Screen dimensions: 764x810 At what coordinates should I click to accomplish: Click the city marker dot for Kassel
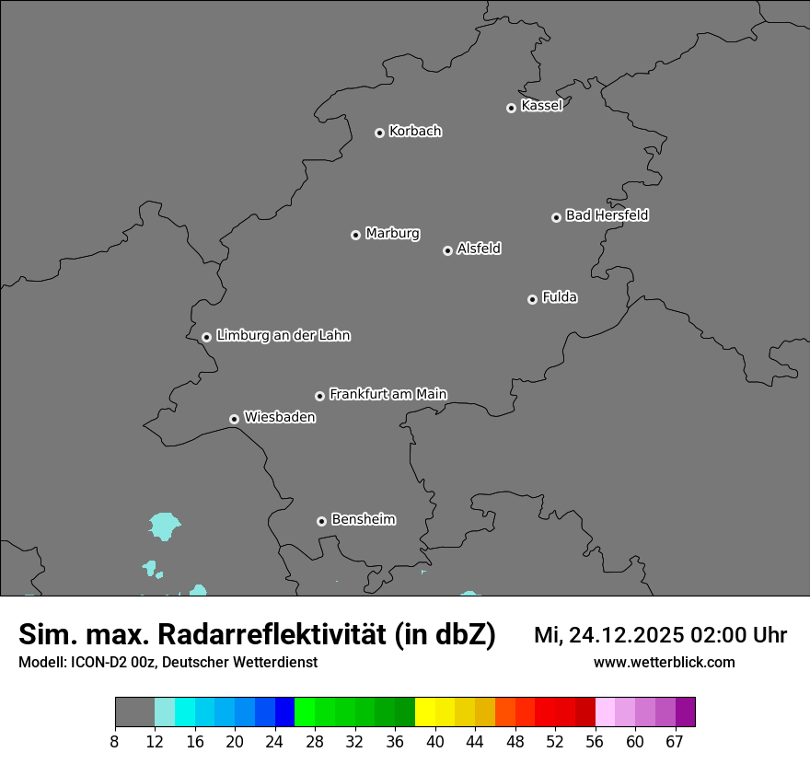[x=511, y=108]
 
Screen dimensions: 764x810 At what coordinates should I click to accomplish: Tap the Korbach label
[x=415, y=132]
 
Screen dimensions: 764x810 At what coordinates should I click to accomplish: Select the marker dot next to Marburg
[x=355, y=235]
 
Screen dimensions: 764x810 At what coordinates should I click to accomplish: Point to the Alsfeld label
[x=479, y=249]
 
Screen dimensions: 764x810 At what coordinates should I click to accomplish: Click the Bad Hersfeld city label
[x=607, y=215]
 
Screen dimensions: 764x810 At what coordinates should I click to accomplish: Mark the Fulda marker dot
[x=532, y=299]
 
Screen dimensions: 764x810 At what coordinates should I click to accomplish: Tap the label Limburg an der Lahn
[x=283, y=335]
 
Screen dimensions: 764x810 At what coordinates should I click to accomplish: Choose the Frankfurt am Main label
[x=388, y=394]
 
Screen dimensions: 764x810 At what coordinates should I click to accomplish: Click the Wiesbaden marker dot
[x=234, y=419]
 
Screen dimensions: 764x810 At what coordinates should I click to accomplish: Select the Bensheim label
[x=363, y=519]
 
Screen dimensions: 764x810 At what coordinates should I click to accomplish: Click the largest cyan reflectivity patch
[x=165, y=526]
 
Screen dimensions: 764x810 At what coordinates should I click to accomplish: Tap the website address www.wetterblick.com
[x=664, y=663]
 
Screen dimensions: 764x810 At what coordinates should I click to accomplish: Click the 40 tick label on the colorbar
[x=435, y=742]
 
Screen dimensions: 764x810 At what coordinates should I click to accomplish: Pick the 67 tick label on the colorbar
[x=675, y=742]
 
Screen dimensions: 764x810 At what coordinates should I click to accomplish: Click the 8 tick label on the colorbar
[x=115, y=742]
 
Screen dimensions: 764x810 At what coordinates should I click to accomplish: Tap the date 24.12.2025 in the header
[x=626, y=635]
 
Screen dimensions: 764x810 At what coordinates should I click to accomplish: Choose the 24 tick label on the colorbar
[x=274, y=742]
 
